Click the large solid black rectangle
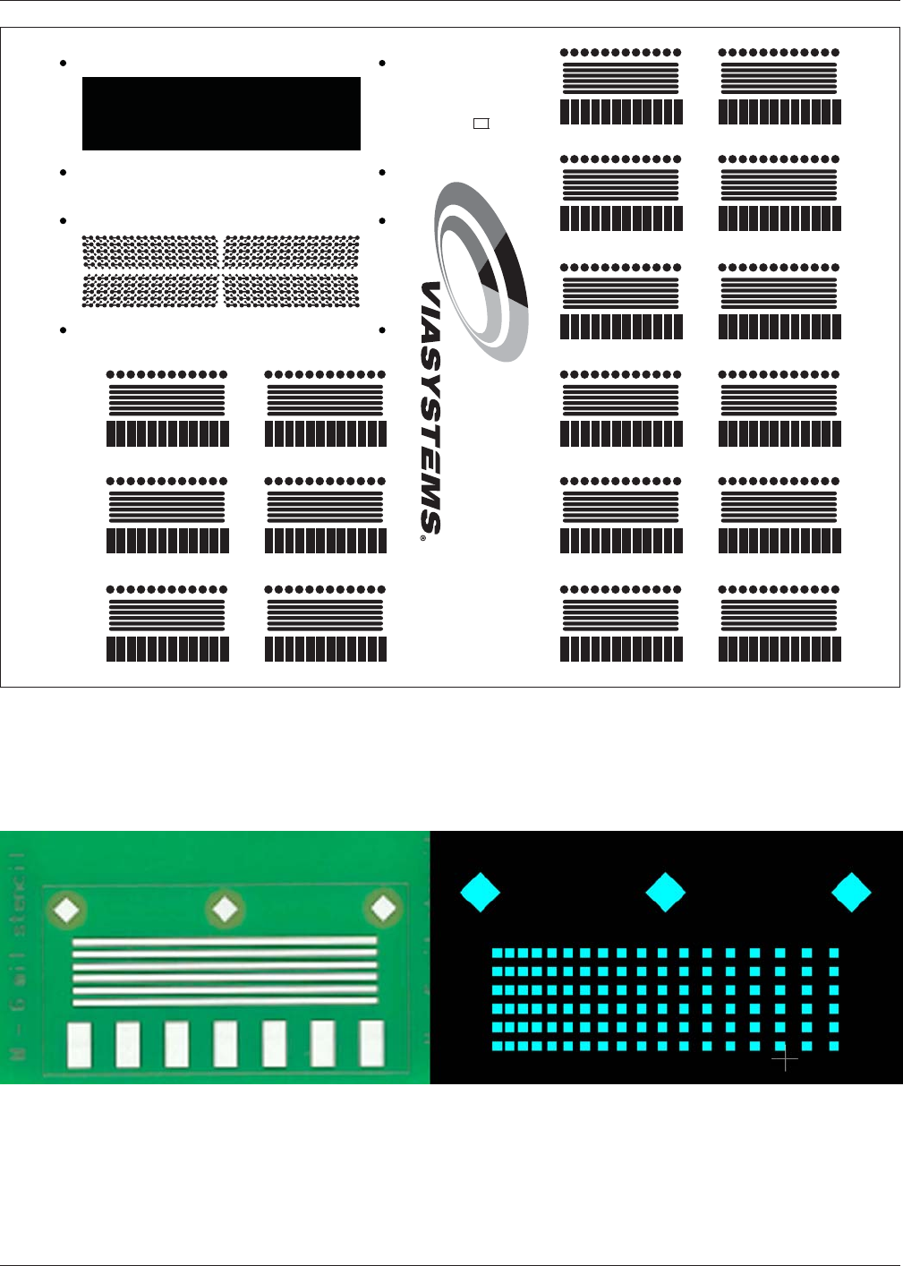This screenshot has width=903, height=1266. pos(221,114)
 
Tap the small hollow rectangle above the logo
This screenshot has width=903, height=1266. pos(481,124)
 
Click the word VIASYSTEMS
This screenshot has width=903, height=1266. pos(430,407)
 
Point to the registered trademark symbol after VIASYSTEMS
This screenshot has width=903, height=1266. pos(423,539)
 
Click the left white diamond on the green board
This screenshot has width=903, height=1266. pos(68,911)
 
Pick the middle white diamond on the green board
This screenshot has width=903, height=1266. pos(225,910)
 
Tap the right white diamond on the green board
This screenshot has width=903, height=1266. pos(383,909)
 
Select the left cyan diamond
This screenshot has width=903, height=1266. pos(480,893)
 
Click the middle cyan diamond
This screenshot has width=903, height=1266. pos(666,893)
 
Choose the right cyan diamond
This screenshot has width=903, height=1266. pos(851,893)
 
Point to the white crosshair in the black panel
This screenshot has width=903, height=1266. pos(785,1060)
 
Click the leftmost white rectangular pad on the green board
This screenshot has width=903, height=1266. pos(80,1045)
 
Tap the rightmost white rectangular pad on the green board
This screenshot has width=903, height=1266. pos(371,1043)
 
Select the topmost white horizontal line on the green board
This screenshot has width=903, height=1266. pos(224,942)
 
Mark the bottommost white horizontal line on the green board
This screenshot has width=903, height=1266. pos(224,1001)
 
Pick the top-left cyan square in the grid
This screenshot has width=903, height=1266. pos(498,954)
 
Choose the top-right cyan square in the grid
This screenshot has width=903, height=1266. pos(834,954)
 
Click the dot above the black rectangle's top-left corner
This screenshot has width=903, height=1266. pos(64,64)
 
